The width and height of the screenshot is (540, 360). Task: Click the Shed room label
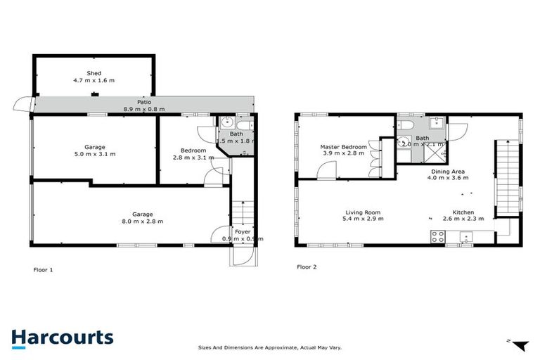(94, 73)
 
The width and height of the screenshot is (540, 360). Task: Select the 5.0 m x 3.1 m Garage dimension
(95, 154)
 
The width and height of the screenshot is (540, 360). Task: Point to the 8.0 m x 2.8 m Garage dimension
(143, 221)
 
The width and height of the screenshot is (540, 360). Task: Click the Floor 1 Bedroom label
(193, 150)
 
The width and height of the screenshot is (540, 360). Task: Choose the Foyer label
(242, 231)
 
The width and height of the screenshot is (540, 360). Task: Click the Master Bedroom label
(344, 147)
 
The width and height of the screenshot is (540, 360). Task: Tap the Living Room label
(363, 212)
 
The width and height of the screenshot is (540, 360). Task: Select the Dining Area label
(447, 171)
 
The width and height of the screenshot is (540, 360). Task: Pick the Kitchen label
(463, 212)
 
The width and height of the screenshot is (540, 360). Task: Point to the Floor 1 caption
(43, 269)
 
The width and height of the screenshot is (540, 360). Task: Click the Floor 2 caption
(307, 267)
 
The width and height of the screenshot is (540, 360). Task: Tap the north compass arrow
(520, 345)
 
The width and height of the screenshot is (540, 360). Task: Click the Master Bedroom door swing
(326, 170)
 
